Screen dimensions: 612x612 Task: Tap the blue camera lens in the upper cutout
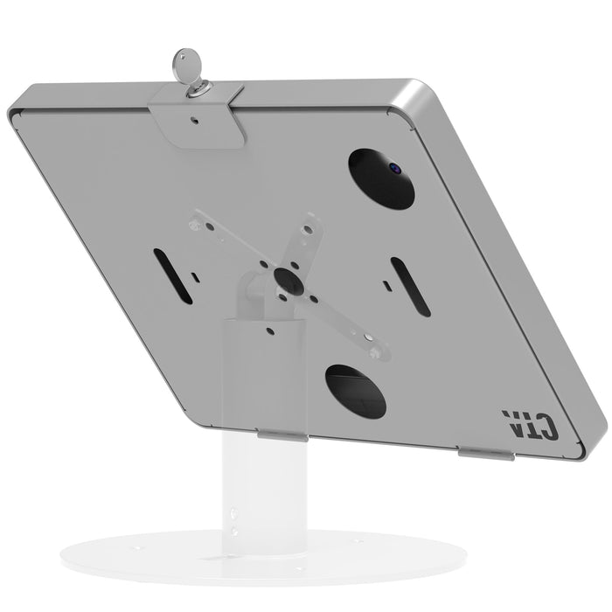[393, 166]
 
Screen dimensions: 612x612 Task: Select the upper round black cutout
[382, 178]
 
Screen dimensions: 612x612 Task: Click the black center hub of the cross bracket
[286, 280]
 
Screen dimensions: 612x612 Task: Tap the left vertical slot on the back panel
[172, 276]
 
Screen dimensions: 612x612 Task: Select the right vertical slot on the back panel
[409, 286]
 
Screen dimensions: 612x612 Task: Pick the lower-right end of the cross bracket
[378, 351]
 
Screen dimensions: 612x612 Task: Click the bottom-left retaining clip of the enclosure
[280, 435]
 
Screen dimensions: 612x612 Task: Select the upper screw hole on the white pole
[234, 513]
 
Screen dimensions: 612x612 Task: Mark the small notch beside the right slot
[385, 285]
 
